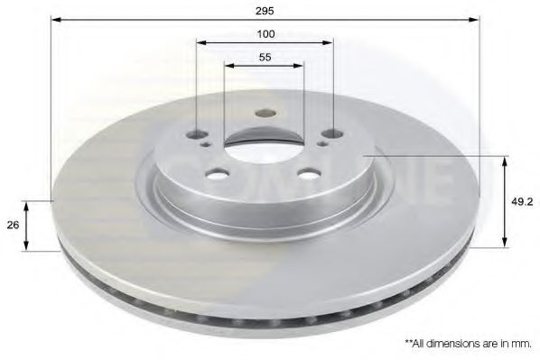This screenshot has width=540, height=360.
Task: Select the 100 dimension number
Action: (x=265, y=34)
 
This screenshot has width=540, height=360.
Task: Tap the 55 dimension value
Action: (x=265, y=57)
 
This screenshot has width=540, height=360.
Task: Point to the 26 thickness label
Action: (x=12, y=226)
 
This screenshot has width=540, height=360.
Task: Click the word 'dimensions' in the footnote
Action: (x=460, y=344)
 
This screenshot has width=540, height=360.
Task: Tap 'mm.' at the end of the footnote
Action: (x=523, y=344)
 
